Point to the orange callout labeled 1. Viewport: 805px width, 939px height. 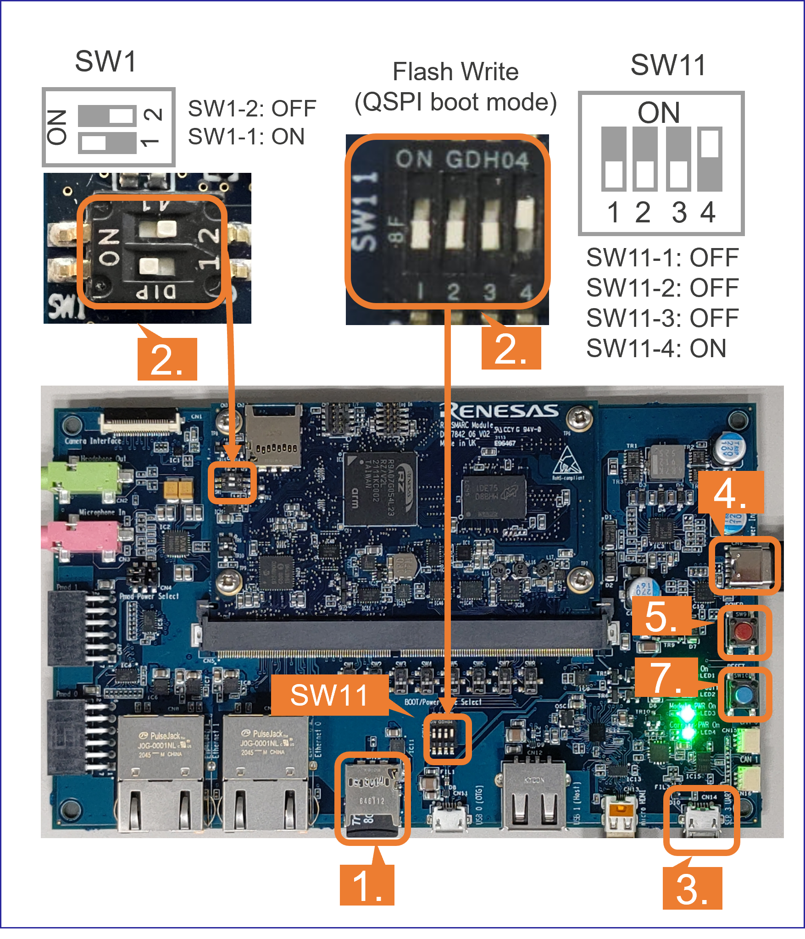[x=366, y=885]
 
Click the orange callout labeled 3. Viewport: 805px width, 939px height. [x=692, y=888]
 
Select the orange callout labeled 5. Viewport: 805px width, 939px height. [x=661, y=616]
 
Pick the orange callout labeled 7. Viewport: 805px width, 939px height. [x=666, y=677]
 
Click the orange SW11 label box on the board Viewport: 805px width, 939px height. [x=329, y=695]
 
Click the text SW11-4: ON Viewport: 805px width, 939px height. [x=656, y=348]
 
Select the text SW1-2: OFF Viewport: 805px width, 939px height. [x=252, y=109]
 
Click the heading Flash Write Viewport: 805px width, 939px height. [x=455, y=72]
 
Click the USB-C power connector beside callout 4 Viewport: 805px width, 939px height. [x=744, y=566]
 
